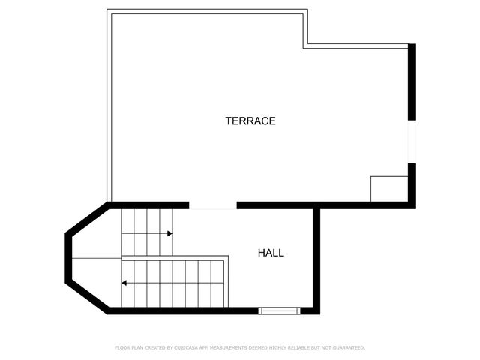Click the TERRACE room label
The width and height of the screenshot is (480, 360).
point(250,121)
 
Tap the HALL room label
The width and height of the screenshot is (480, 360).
point(271,253)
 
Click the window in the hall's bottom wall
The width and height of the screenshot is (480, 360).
point(279,310)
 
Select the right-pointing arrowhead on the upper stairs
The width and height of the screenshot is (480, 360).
point(169,233)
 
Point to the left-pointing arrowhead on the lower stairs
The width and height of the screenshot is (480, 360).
point(124,283)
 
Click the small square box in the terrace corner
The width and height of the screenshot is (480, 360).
point(389,189)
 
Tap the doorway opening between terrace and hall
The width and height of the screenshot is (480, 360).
point(212,205)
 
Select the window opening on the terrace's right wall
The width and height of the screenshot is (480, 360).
point(411,141)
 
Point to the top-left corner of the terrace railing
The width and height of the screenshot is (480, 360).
point(109,11)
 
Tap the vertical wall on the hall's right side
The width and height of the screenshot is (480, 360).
point(316,259)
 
